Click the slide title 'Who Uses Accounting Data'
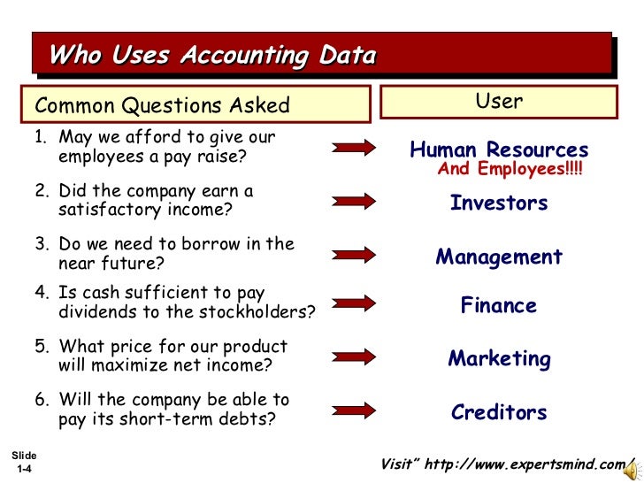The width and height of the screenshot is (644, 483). click(x=212, y=56)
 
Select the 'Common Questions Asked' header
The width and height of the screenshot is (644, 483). click(x=162, y=106)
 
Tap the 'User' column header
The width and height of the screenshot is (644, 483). click(x=499, y=102)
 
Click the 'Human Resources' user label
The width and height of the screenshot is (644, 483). click(x=499, y=150)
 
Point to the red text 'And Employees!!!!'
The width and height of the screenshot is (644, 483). click(x=510, y=169)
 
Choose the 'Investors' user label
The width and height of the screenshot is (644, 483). click(x=499, y=203)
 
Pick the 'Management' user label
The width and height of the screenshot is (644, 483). click(x=499, y=257)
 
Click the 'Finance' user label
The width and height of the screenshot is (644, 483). click(x=499, y=306)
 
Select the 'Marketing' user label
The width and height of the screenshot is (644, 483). click(x=499, y=359)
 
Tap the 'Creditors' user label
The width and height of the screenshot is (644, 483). click(x=499, y=412)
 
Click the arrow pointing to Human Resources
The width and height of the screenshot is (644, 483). click(x=354, y=149)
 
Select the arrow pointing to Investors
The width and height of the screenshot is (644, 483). click(x=354, y=201)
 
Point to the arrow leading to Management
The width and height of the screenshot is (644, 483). click(x=354, y=254)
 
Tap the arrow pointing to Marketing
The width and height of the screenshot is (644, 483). click(x=354, y=356)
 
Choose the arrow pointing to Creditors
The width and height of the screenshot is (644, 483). click(x=354, y=410)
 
